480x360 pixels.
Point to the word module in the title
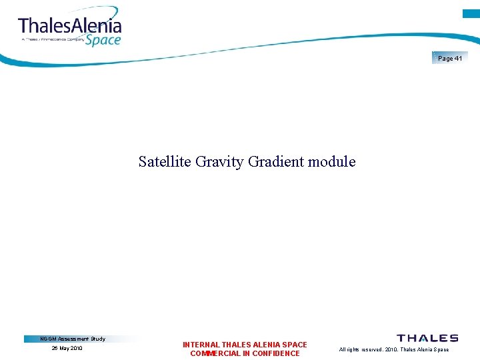point(332,161)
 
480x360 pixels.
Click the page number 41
point(458,59)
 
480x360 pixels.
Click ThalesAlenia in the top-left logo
point(70,26)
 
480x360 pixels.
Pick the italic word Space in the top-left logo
point(103,40)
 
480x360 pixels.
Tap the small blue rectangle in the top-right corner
point(471,13)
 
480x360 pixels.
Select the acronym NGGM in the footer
point(49,339)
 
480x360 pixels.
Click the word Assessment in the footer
point(73,339)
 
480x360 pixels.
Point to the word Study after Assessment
point(97,339)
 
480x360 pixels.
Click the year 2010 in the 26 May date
point(77,348)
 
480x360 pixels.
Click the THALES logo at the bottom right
point(427,339)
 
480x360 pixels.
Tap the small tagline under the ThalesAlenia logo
point(53,39)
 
